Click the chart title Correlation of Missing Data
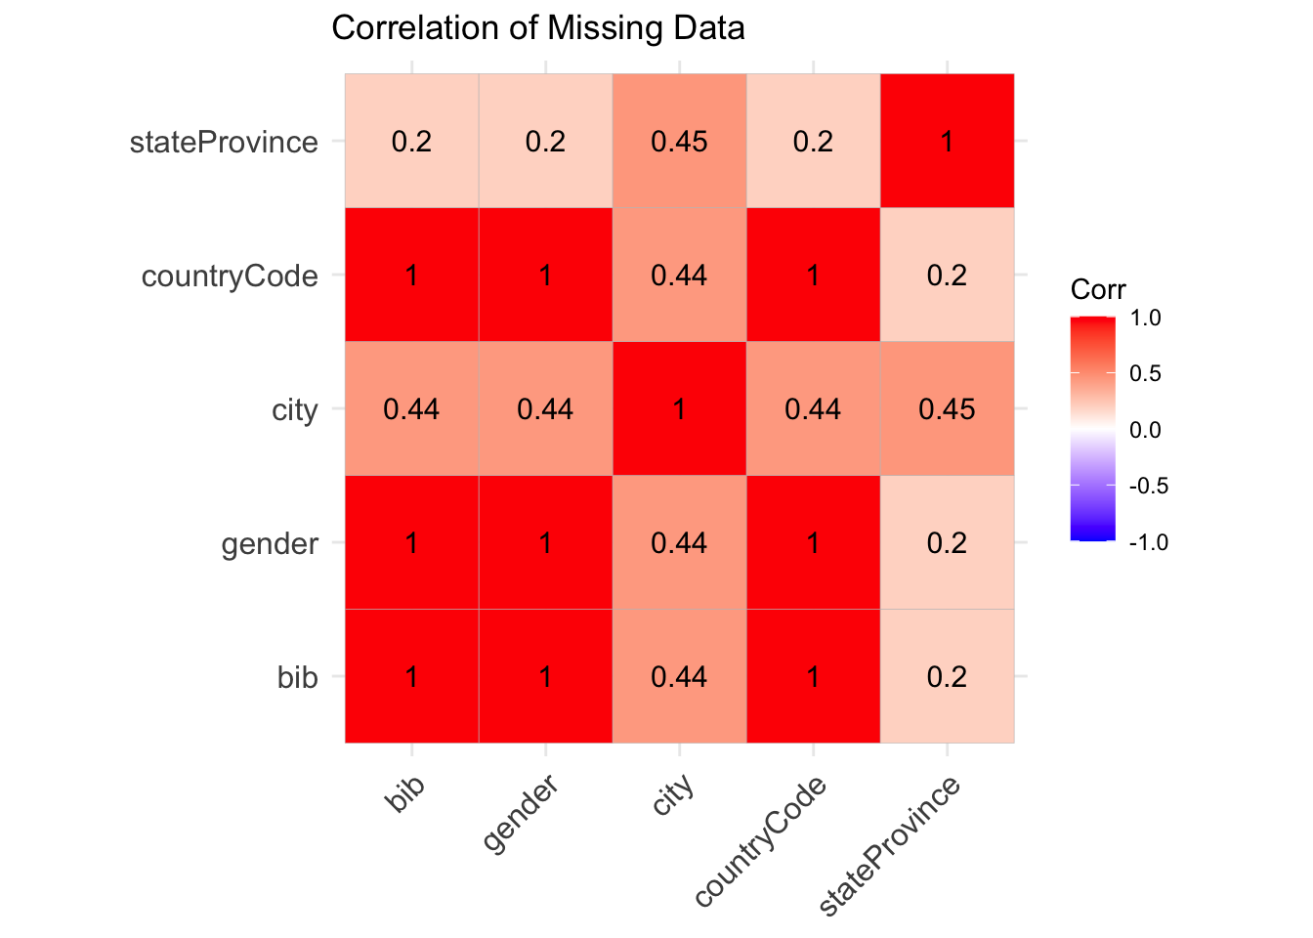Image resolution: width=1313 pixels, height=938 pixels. (x=538, y=27)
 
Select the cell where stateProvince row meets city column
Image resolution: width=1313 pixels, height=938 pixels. (x=679, y=142)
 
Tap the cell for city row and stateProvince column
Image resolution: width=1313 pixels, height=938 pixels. (x=947, y=408)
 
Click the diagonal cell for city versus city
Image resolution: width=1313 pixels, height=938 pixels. (x=679, y=408)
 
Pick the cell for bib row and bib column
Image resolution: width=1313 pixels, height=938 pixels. (x=411, y=676)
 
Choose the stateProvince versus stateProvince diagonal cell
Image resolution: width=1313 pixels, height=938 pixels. (x=947, y=142)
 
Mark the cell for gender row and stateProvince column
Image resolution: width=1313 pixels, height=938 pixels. (x=947, y=542)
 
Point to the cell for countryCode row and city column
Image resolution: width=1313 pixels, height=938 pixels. (x=679, y=276)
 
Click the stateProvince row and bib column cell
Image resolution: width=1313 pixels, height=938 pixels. (x=411, y=142)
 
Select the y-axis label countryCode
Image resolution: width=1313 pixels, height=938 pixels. (x=230, y=277)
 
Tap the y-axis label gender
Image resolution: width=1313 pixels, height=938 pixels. (x=270, y=543)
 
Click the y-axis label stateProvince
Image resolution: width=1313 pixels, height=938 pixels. (x=224, y=143)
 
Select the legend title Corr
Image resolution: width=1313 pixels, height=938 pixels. (x=1098, y=290)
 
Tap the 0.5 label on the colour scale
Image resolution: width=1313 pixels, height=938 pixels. (x=1144, y=373)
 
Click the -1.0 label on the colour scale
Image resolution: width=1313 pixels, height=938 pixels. (x=1148, y=542)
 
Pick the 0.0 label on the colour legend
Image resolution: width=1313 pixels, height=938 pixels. (x=1144, y=430)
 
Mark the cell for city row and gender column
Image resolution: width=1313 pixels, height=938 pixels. (x=545, y=408)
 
